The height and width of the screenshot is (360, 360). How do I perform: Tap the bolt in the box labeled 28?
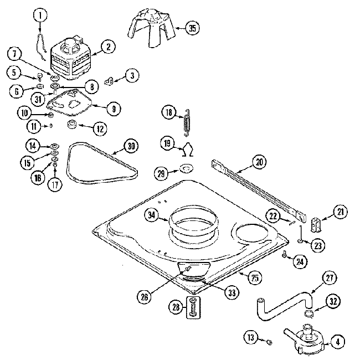193,307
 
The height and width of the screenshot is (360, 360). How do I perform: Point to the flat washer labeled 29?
187,168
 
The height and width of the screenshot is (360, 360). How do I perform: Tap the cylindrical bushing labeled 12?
72,124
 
